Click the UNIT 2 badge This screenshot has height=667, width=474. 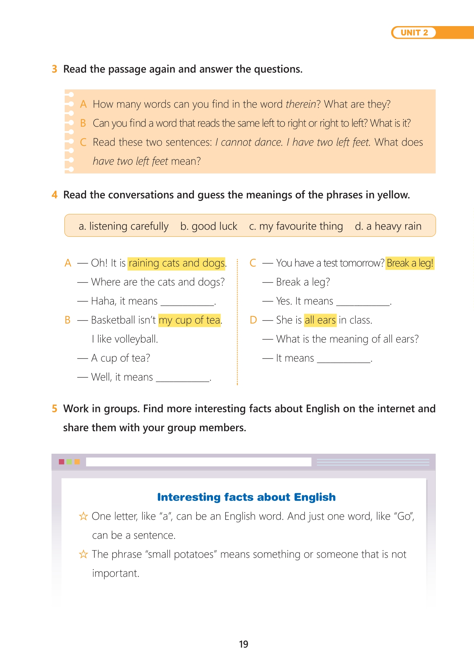(414, 33)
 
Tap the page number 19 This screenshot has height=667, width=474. (243, 644)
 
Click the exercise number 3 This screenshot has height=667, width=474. (55, 69)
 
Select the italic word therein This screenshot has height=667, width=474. (300, 104)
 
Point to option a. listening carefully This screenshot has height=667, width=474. (123, 226)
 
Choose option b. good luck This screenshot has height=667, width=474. (209, 226)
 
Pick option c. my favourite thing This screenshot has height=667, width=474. (296, 226)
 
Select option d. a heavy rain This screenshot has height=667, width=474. (388, 226)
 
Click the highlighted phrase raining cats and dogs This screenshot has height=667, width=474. (177, 263)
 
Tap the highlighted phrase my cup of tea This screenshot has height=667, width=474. (189, 320)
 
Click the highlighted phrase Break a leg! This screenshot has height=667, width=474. (410, 263)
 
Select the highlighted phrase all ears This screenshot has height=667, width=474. (320, 320)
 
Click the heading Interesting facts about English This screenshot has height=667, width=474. (246, 497)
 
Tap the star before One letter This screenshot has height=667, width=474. (84, 516)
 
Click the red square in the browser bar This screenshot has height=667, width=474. (61, 462)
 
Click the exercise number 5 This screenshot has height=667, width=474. (55, 409)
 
